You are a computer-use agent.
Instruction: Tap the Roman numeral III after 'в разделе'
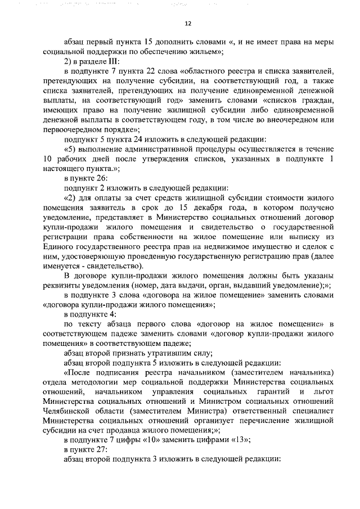(x=114, y=61)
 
